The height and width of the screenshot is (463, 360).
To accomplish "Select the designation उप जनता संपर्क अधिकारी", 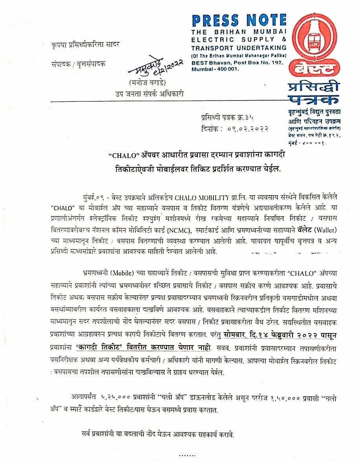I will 149,93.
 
